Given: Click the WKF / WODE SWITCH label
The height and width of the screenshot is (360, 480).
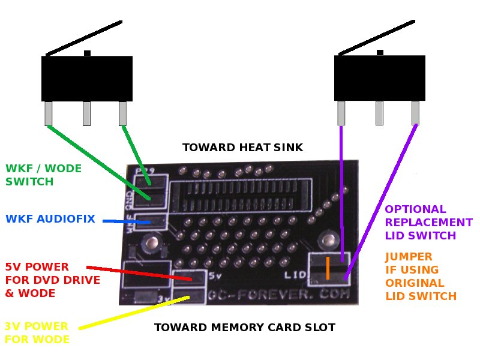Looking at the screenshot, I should (43, 175).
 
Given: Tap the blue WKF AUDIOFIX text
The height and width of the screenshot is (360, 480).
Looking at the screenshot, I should (50, 219).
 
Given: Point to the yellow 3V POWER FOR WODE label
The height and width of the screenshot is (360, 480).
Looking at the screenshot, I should (37, 332).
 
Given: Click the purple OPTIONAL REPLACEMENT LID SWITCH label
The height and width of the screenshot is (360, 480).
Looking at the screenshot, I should (428, 223).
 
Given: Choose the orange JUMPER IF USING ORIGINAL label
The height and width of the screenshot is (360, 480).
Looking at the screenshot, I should (421, 277).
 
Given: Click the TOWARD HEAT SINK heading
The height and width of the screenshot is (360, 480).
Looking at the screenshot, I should (242, 148).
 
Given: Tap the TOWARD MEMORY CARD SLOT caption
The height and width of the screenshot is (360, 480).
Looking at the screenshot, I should (244, 328).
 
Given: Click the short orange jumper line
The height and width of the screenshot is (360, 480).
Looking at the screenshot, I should (328, 268).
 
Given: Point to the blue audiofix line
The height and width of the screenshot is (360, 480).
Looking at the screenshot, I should (126, 222).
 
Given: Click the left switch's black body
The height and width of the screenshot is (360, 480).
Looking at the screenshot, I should (86, 78).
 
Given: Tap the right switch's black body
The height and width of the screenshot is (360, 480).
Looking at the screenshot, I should (379, 78).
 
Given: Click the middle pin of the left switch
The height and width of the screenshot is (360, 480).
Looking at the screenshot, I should (86, 113).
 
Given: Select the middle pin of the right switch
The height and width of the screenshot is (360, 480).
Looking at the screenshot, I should (379, 113).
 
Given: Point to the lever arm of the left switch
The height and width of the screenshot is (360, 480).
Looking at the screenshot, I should (84, 38).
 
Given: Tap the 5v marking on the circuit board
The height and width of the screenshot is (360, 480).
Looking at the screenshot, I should (215, 277).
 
